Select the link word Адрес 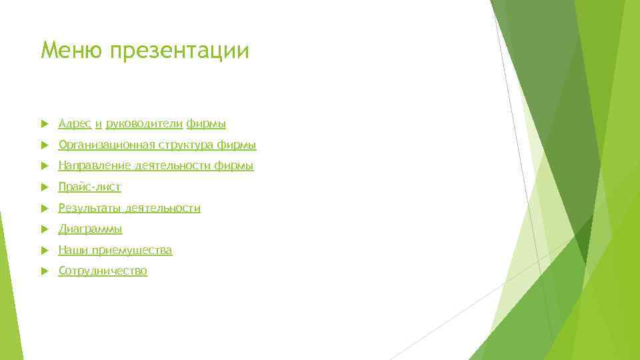75,123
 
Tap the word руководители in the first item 144,124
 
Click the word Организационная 106,145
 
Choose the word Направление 94,166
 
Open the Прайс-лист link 90,187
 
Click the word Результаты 91,209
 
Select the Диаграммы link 91,229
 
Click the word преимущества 132,251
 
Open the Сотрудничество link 103,271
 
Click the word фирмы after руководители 206,124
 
